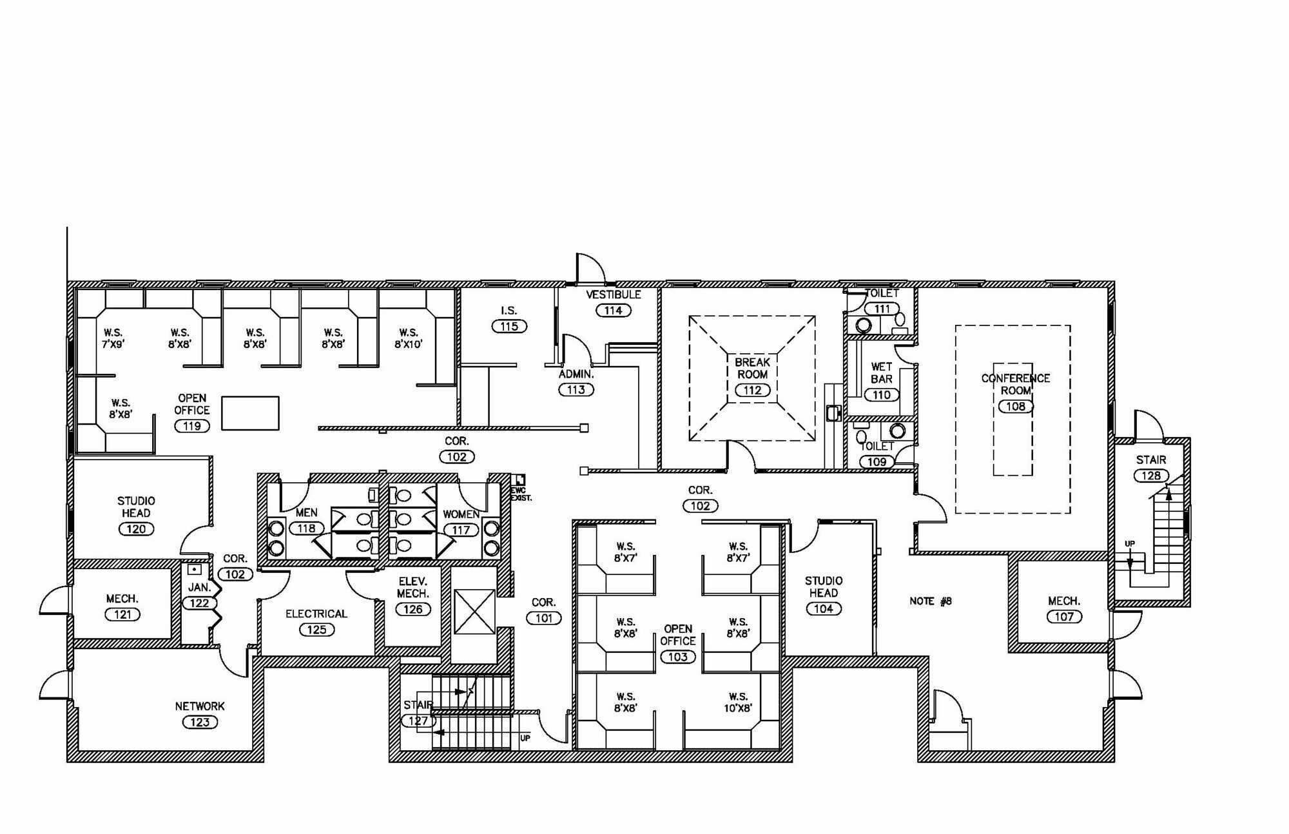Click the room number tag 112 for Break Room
coord(752,390)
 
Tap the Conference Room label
coord(1015,384)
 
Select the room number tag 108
coord(1016,406)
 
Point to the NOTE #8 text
coord(930,601)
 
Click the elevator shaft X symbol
coord(474,611)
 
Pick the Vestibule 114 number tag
coord(613,310)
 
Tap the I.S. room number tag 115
coord(509,326)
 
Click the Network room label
coord(200,706)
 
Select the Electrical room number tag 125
coord(316,629)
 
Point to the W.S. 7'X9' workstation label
coord(113,338)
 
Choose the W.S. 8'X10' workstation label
coord(408,338)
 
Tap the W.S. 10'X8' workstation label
coord(738,702)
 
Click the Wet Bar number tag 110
coord(881,394)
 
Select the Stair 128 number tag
coord(1150,476)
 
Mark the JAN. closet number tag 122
coord(199,603)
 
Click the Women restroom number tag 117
coord(461,530)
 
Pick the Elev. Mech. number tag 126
coord(412,609)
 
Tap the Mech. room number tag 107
coord(1064,616)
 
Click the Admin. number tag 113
coord(576,389)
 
